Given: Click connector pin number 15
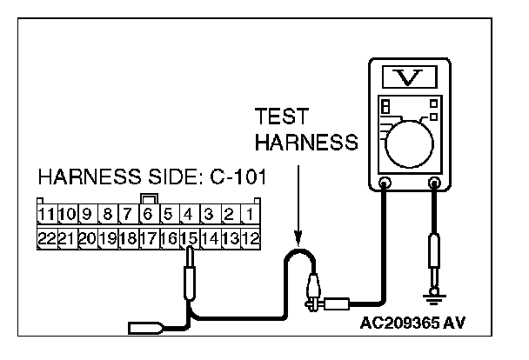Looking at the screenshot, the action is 189,237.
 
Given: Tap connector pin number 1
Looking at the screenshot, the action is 250,213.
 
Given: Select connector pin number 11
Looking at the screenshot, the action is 46,213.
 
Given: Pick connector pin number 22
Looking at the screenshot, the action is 46,237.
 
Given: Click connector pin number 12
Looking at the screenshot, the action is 251,237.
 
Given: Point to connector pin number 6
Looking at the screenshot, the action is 149,213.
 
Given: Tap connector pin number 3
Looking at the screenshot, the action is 209,213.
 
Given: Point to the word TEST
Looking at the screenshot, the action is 279,117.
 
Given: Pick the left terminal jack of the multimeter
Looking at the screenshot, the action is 383,183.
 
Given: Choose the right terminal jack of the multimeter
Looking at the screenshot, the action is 435,183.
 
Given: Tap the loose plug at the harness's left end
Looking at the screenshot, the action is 144,329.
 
